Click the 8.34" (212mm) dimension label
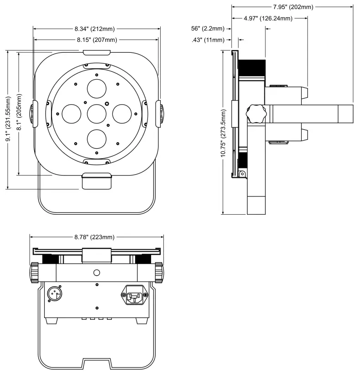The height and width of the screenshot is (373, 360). tap(96, 29)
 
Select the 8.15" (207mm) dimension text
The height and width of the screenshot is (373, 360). tap(96, 40)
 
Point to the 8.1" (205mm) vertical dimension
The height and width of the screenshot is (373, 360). tap(20, 113)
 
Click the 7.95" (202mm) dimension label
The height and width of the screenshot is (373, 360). tap(292, 7)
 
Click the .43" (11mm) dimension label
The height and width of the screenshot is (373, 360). tap(208, 40)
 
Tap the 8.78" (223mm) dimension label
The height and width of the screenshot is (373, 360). tap(96, 237)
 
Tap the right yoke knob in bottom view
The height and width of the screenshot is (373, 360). tap(158, 272)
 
